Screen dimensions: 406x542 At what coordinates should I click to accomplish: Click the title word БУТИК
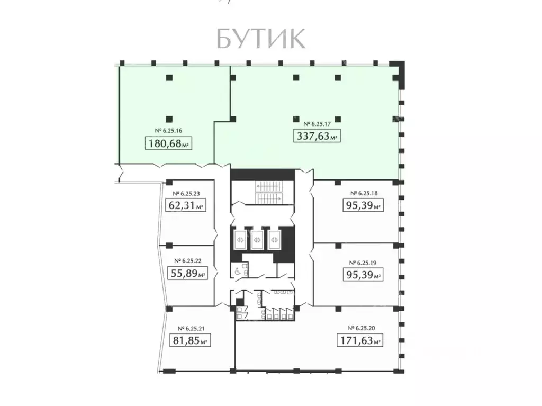tap(260, 39)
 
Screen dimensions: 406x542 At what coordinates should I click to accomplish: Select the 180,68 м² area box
tap(167, 143)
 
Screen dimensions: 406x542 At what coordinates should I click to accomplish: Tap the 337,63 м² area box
tap(316, 136)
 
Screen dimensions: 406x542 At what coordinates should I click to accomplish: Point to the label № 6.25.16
tap(168, 130)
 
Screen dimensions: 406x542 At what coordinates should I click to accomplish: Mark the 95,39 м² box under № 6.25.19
tap(362, 275)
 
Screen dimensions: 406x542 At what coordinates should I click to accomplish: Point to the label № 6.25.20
tap(362, 328)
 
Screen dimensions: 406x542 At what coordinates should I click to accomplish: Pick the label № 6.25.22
tap(187, 260)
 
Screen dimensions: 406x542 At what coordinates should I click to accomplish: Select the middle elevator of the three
tap(258, 239)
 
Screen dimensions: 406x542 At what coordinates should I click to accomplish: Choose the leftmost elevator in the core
tap(240, 239)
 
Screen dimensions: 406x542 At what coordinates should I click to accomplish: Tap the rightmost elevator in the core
tap(275, 239)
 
